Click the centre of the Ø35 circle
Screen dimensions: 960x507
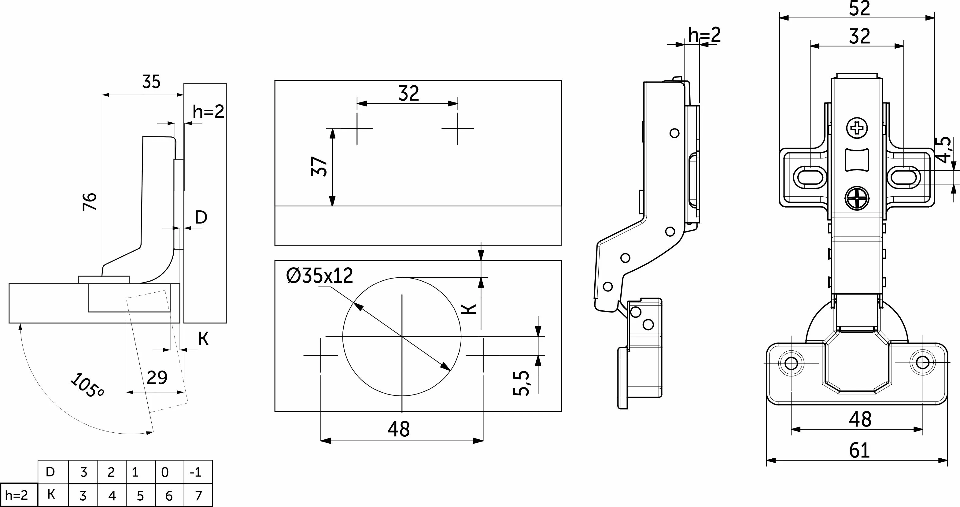click(x=402, y=337)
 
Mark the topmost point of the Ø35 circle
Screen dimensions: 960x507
click(x=402, y=277)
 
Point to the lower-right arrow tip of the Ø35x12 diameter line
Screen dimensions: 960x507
click(x=451, y=371)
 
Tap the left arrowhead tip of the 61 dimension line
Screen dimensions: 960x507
click(x=766, y=461)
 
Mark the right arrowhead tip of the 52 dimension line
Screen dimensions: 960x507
click(x=935, y=17)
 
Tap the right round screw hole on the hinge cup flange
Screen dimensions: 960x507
click(x=923, y=362)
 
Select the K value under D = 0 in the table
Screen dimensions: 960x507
click(x=169, y=495)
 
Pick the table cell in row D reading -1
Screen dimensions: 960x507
click(x=196, y=472)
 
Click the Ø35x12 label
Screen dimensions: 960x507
click(x=319, y=276)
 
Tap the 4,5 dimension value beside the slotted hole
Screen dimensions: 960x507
click(x=944, y=150)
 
